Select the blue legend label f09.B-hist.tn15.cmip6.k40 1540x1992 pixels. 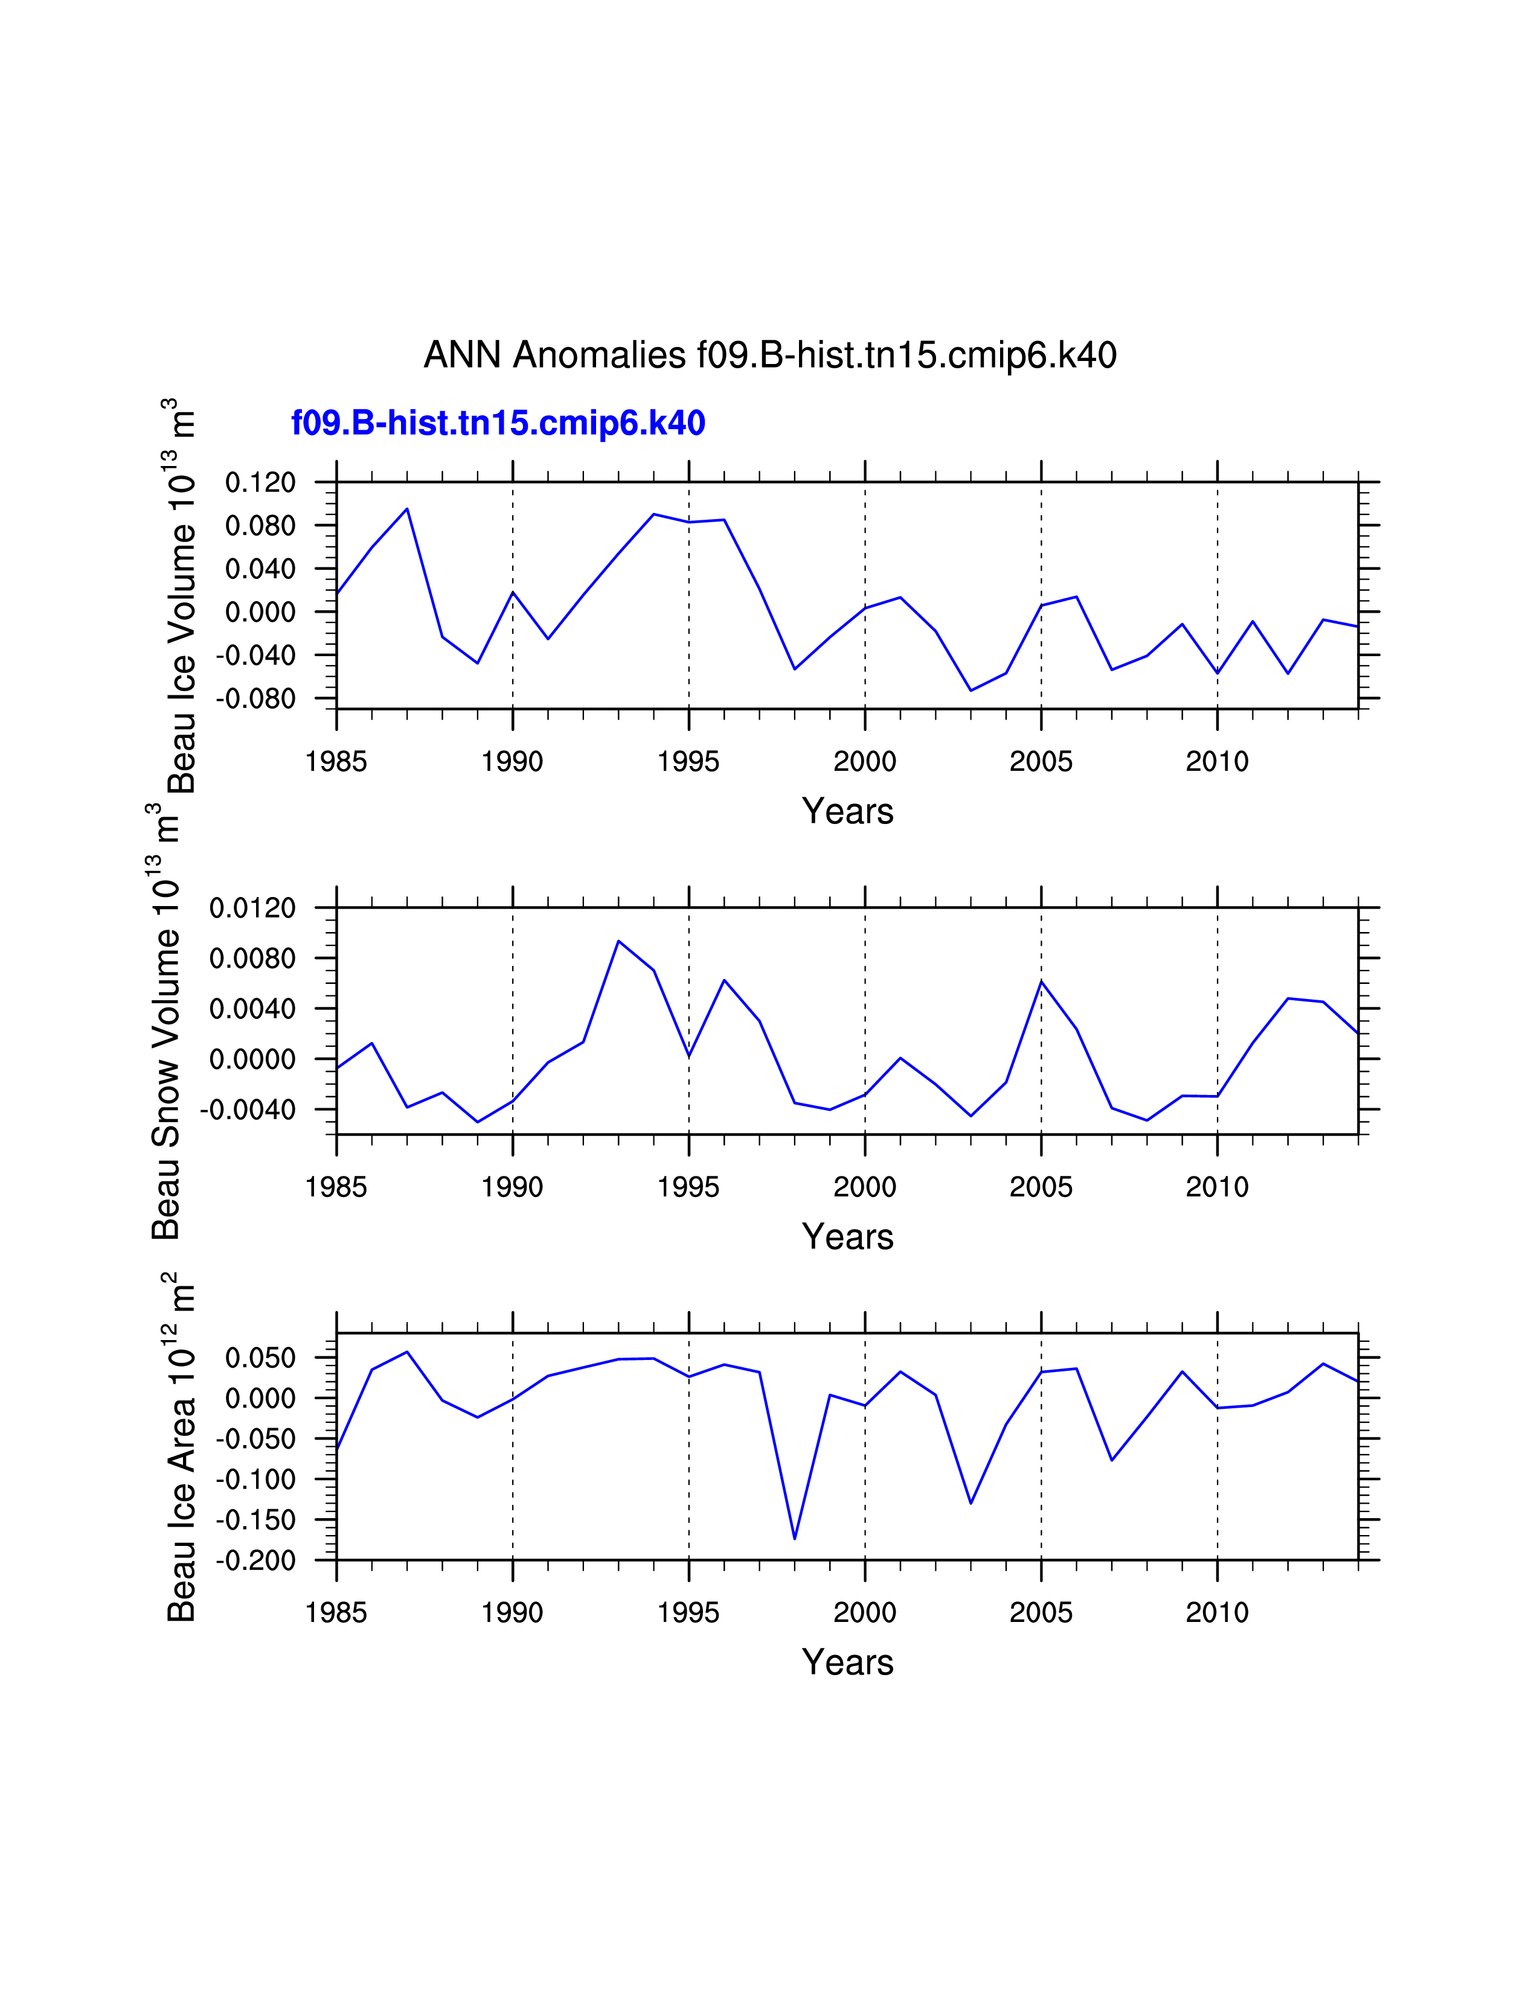coord(498,423)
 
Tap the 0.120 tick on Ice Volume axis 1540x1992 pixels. coord(260,482)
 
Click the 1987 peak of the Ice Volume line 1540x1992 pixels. coord(407,509)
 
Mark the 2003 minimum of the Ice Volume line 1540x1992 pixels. coord(971,691)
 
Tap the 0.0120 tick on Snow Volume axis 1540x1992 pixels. coord(252,908)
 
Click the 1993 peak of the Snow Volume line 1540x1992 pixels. coord(618,941)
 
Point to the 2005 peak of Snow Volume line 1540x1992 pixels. coord(1041,982)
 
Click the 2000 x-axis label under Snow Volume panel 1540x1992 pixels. coord(864,1187)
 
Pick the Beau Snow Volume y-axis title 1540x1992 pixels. coord(166,1021)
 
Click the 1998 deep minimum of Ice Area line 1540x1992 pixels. coord(795,1539)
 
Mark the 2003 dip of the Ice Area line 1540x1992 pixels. coord(971,1503)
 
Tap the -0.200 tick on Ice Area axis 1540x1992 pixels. coord(255,1560)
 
